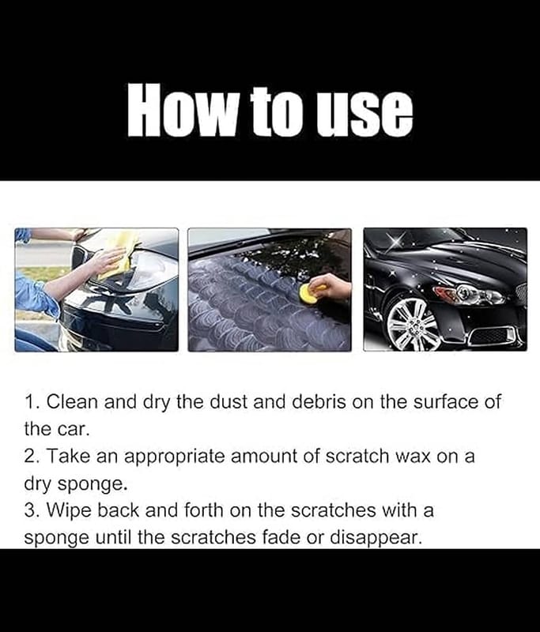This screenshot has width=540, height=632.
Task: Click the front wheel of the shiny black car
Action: [413, 324]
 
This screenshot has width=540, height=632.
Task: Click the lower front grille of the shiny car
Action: [490, 335]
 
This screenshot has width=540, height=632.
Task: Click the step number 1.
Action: [32, 403]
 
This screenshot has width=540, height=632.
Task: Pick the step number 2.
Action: [32, 457]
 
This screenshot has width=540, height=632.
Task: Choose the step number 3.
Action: [32, 510]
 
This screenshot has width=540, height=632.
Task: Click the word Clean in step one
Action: [72, 402]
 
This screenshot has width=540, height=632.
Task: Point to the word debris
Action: [318, 402]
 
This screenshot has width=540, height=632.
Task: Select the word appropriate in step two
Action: [174, 458]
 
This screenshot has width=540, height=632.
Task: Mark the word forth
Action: [204, 510]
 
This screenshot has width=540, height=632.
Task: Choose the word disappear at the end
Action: [376, 538]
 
